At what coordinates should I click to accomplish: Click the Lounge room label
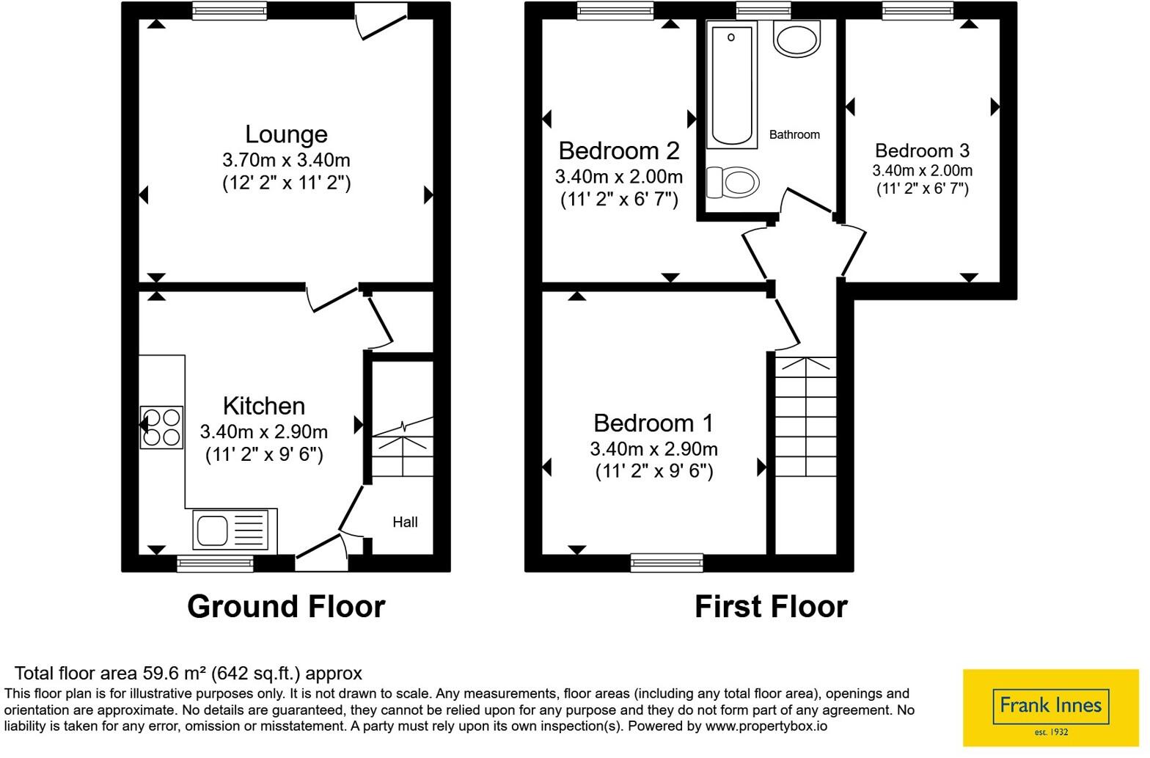(x=286, y=134)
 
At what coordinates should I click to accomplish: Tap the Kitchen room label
(x=264, y=407)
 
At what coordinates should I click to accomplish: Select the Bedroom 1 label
(x=653, y=423)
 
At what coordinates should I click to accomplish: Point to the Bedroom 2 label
(x=619, y=151)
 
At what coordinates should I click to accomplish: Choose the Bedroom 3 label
(x=922, y=150)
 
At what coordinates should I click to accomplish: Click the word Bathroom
(x=794, y=134)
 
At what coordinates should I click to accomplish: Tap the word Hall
(x=405, y=522)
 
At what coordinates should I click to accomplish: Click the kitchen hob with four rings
(x=161, y=427)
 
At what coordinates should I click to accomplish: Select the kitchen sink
(x=230, y=530)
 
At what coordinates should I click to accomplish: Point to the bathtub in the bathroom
(x=732, y=84)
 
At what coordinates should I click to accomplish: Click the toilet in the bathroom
(x=733, y=182)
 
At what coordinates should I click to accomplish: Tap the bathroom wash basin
(x=796, y=38)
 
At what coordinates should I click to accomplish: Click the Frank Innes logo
(x=1050, y=707)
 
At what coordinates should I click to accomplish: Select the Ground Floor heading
(x=286, y=607)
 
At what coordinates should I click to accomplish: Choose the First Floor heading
(x=771, y=607)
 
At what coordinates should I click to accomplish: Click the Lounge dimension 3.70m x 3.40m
(x=286, y=160)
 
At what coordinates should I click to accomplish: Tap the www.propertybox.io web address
(x=766, y=726)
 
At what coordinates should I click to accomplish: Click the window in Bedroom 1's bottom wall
(x=667, y=563)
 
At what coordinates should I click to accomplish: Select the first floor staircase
(x=805, y=417)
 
